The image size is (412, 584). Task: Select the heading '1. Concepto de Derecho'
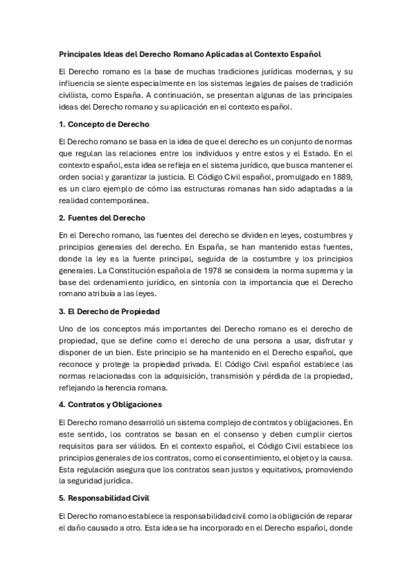[104, 124]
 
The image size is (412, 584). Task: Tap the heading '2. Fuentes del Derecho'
[102, 218]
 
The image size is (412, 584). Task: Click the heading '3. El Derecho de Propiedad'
[110, 312]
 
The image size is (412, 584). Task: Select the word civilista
[78, 95]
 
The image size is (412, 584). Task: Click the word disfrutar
[311, 342]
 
